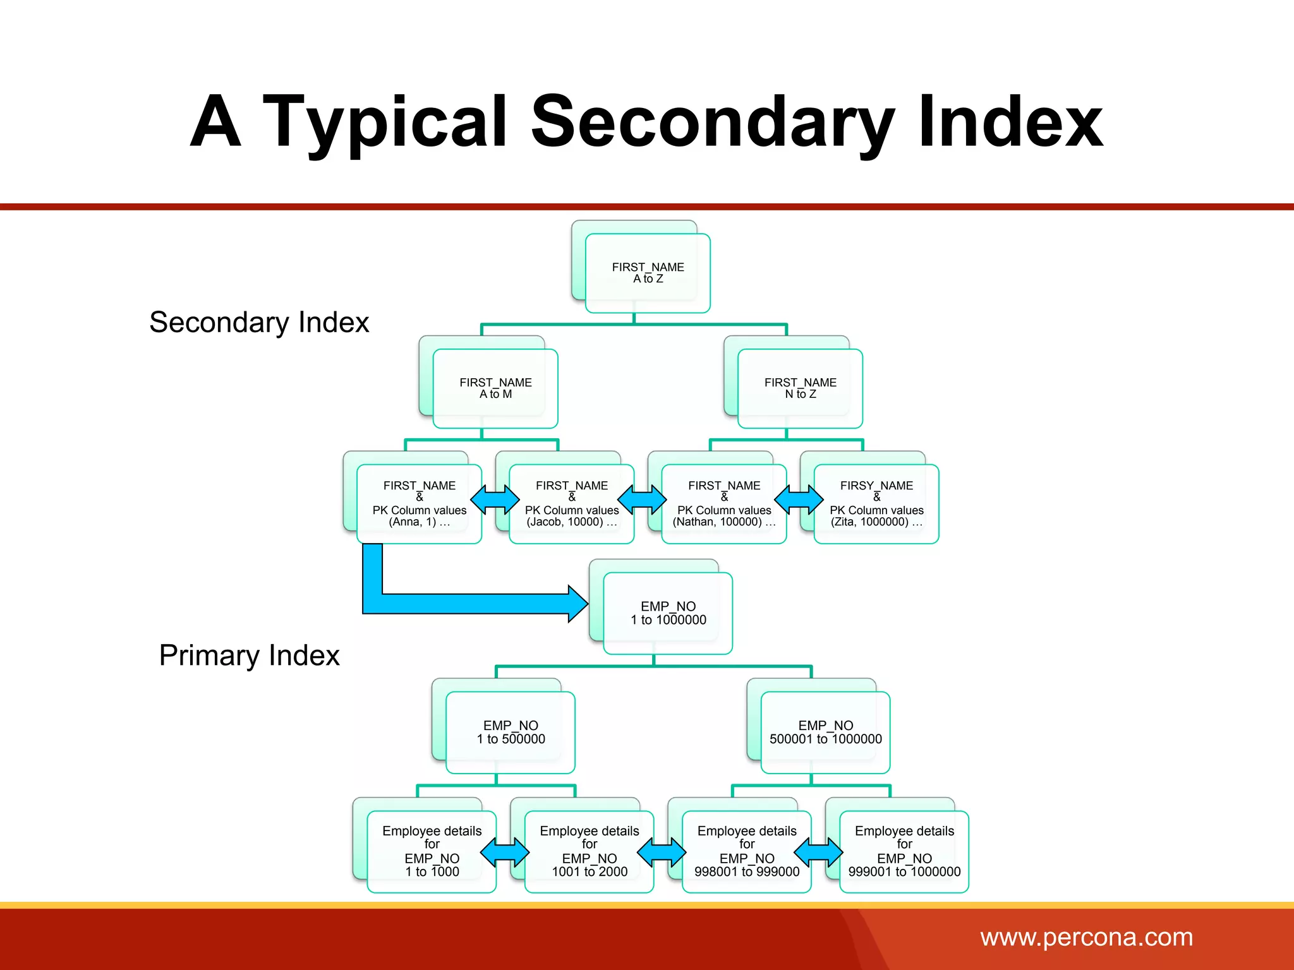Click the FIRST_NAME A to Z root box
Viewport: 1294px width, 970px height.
pos(648,273)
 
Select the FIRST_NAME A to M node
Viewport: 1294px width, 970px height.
pos(495,388)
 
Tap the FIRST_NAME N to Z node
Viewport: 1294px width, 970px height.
pos(800,388)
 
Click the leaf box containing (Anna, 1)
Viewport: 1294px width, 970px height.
pos(419,504)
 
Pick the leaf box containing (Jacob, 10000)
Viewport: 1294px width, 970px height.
pos(571,504)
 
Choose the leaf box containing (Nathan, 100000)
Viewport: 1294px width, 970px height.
pos(723,504)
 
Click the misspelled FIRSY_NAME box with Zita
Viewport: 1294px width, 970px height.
pos(876,504)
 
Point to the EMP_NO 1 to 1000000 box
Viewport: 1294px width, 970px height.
pos(668,613)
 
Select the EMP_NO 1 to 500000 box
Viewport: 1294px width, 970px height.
pos(511,733)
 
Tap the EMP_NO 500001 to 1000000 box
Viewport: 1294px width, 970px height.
pos(825,733)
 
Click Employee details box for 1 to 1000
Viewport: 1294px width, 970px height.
pos(432,851)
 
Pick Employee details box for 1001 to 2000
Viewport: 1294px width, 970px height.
pos(589,851)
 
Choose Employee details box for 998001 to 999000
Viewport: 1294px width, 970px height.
pos(747,851)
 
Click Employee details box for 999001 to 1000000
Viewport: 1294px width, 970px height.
pos(904,851)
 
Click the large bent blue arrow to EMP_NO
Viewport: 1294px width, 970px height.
pos(468,604)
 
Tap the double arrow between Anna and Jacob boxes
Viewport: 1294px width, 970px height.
pos(495,500)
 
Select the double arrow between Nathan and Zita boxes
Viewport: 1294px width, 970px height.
pos(799,500)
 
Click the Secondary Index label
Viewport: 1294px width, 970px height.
pos(259,323)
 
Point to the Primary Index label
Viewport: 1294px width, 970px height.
pos(250,656)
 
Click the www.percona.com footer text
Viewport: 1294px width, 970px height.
pos(1086,937)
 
